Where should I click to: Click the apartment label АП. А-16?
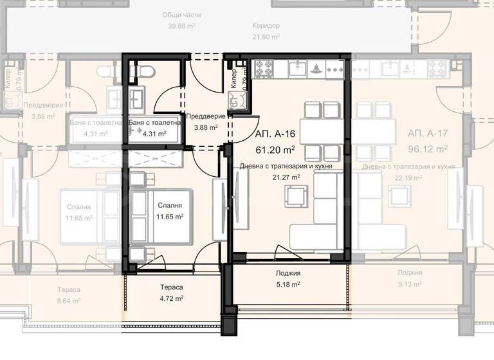pyautogui.click(x=275, y=134)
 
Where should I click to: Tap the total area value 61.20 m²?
pyautogui.click(x=275, y=150)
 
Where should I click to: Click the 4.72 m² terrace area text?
pyautogui.click(x=171, y=298)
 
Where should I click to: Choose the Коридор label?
pyautogui.click(x=266, y=26)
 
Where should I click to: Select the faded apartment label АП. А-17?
pyautogui.click(x=427, y=134)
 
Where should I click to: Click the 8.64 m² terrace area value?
pyautogui.click(x=68, y=300)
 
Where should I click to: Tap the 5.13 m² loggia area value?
pyautogui.click(x=409, y=283)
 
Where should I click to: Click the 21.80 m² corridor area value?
pyautogui.click(x=266, y=37)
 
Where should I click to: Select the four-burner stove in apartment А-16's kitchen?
pyautogui.click(x=264, y=66)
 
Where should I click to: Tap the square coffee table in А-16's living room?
pyautogui.click(x=297, y=195)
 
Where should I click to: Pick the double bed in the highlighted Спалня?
pyautogui.click(x=161, y=217)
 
